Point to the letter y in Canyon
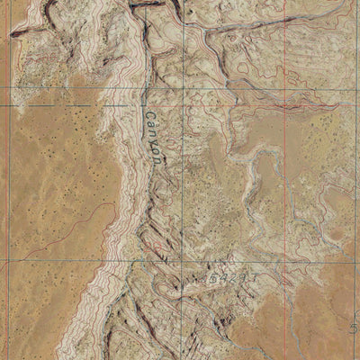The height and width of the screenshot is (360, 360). pyautogui.click(x=152, y=140)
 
